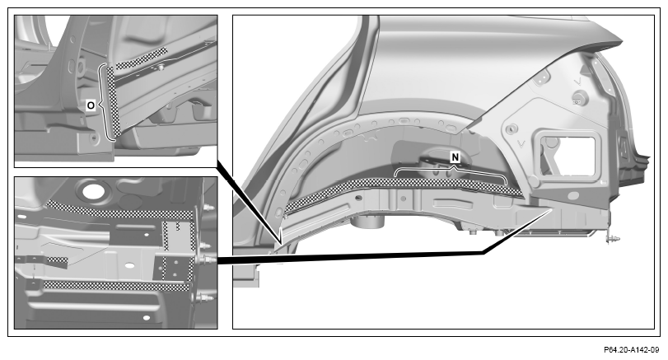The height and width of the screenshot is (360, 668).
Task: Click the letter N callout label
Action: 455,157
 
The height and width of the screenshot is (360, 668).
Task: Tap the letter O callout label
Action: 91,105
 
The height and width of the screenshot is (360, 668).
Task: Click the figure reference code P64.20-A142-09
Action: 631,350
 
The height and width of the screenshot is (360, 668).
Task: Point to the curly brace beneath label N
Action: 451,172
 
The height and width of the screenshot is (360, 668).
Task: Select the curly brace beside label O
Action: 102,103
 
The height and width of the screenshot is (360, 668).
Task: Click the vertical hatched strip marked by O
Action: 114,101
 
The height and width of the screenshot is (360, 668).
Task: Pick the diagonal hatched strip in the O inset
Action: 142,58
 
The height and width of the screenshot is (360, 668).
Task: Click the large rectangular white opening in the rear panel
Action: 567,156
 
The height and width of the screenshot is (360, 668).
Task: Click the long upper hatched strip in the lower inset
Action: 120,211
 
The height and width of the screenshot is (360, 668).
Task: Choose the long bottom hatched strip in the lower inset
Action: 117,286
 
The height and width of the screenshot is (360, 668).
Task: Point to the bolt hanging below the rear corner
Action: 612,240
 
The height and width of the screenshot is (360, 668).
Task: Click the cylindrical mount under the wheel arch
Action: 368,220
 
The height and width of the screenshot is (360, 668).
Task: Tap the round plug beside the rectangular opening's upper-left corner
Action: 512,129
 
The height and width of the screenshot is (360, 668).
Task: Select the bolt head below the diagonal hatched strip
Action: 162,68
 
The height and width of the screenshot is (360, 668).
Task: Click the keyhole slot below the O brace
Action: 94,138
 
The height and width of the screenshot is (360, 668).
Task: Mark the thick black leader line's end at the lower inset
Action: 218,259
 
